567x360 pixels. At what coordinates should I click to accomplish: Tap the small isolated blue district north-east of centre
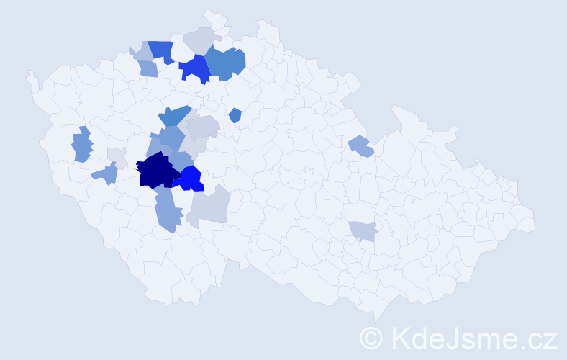(235, 115)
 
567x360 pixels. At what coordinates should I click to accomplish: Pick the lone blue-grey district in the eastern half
(360, 146)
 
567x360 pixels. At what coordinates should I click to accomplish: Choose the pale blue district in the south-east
(363, 230)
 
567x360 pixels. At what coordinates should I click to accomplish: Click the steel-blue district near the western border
(81, 145)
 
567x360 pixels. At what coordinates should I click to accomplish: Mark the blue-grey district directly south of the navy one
(166, 209)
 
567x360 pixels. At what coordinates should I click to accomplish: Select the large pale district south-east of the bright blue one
(210, 204)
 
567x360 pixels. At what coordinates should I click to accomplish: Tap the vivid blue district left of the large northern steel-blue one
(194, 68)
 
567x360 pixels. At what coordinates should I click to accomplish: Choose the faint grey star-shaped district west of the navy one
(117, 156)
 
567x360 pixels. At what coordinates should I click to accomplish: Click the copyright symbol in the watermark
(371, 337)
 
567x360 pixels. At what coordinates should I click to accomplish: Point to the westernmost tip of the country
(29, 73)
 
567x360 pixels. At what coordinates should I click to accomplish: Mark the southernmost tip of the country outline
(376, 321)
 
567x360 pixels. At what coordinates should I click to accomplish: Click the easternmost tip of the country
(535, 219)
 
